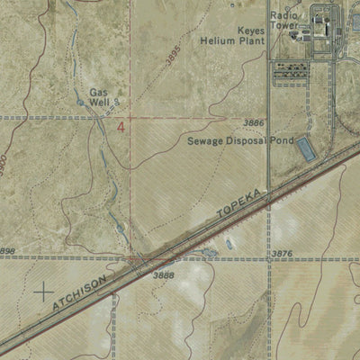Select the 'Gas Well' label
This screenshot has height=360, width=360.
(99, 98)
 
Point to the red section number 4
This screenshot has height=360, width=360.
(121, 127)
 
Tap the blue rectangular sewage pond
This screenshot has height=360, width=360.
(306, 149)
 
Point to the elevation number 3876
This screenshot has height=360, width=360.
(283, 255)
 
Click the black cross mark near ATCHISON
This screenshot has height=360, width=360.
(42, 291)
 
